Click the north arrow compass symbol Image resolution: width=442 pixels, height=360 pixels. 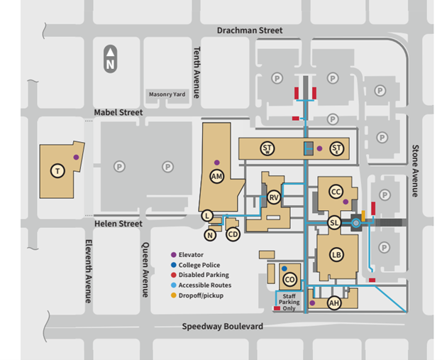[x=110, y=58]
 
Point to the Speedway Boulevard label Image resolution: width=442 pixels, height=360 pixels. [x=222, y=326]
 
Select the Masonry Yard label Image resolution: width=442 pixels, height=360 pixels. [x=167, y=94]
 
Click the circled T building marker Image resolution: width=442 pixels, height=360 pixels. [x=57, y=170]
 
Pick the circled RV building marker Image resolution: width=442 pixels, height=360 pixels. [x=273, y=197]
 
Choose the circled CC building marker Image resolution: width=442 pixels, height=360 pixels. [x=336, y=192]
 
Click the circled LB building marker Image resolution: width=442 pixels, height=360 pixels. [x=336, y=256]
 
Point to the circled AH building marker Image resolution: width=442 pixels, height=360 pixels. [x=334, y=303]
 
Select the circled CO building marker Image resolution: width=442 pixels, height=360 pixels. [x=289, y=279]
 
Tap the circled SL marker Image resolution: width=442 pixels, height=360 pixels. [x=334, y=223]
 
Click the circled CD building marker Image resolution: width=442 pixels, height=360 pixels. [x=232, y=234]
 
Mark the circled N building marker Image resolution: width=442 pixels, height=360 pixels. [x=210, y=235]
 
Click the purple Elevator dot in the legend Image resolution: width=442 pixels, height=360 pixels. [x=174, y=254]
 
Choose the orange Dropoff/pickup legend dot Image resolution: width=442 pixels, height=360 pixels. [x=174, y=295]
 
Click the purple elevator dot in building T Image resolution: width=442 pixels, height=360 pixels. [x=76, y=157]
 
